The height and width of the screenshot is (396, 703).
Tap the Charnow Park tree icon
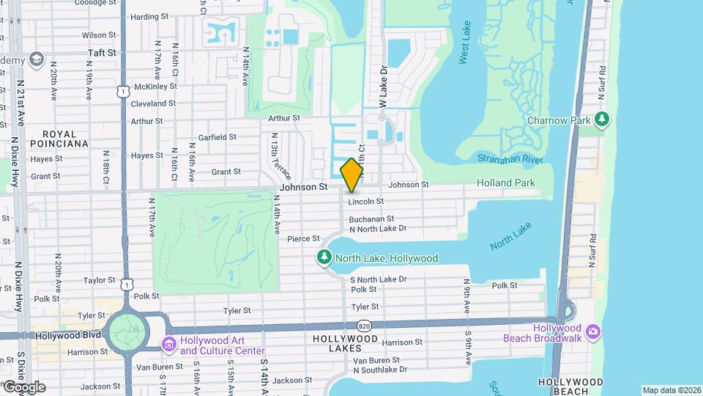(602, 119)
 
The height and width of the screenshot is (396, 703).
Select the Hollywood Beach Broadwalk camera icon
(591, 331)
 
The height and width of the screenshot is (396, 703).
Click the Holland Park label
(505, 183)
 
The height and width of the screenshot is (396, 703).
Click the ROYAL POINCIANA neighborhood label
(65, 139)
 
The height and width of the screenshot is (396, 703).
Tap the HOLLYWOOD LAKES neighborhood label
(345, 344)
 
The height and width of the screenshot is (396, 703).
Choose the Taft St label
(102, 53)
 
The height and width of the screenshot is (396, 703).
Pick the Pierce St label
(303, 238)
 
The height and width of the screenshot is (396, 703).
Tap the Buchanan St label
(371, 219)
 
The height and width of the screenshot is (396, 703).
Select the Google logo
(24, 386)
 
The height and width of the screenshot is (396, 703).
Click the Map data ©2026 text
(672, 390)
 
